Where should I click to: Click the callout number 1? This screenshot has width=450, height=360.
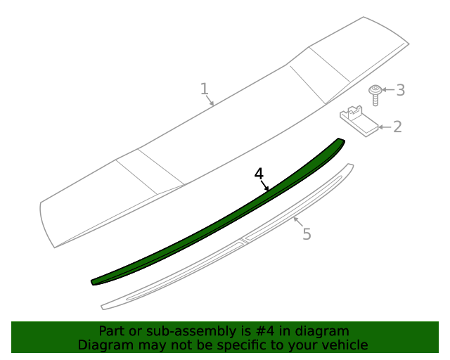pos(204,89)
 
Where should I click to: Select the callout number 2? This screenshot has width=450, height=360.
pos(397,127)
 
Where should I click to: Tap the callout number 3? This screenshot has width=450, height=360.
pos(400,90)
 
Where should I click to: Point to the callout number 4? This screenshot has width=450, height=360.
pos(259,173)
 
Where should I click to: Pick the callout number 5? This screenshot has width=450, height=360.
pos(307,234)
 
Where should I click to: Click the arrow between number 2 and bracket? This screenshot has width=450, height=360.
pos(384,127)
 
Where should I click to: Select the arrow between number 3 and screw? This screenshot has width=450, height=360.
pos(388,90)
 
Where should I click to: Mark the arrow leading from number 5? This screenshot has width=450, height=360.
pos(298,224)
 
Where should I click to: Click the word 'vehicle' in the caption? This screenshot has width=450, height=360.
pos(344,345)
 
